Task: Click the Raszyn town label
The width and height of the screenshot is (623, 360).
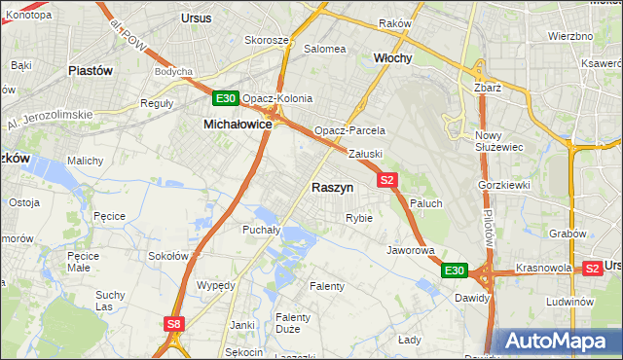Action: tap(332, 187)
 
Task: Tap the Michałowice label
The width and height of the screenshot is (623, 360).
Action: tap(237, 125)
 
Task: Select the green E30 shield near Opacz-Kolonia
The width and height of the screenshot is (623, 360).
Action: tap(226, 98)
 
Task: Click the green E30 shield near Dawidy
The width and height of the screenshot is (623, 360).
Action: tap(455, 270)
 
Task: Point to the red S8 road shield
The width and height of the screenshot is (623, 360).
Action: tap(173, 324)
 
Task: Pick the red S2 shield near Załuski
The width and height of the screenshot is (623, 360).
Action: tap(387, 180)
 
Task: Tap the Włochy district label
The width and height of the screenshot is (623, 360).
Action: tap(393, 58)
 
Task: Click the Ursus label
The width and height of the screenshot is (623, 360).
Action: tap(197, 18)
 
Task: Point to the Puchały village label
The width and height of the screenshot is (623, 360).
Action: tap(261, 230)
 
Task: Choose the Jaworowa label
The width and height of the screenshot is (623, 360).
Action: tap(410, 250)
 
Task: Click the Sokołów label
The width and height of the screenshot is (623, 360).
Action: tap(166, 256)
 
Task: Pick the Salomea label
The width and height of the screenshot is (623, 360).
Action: tap(325, 49)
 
